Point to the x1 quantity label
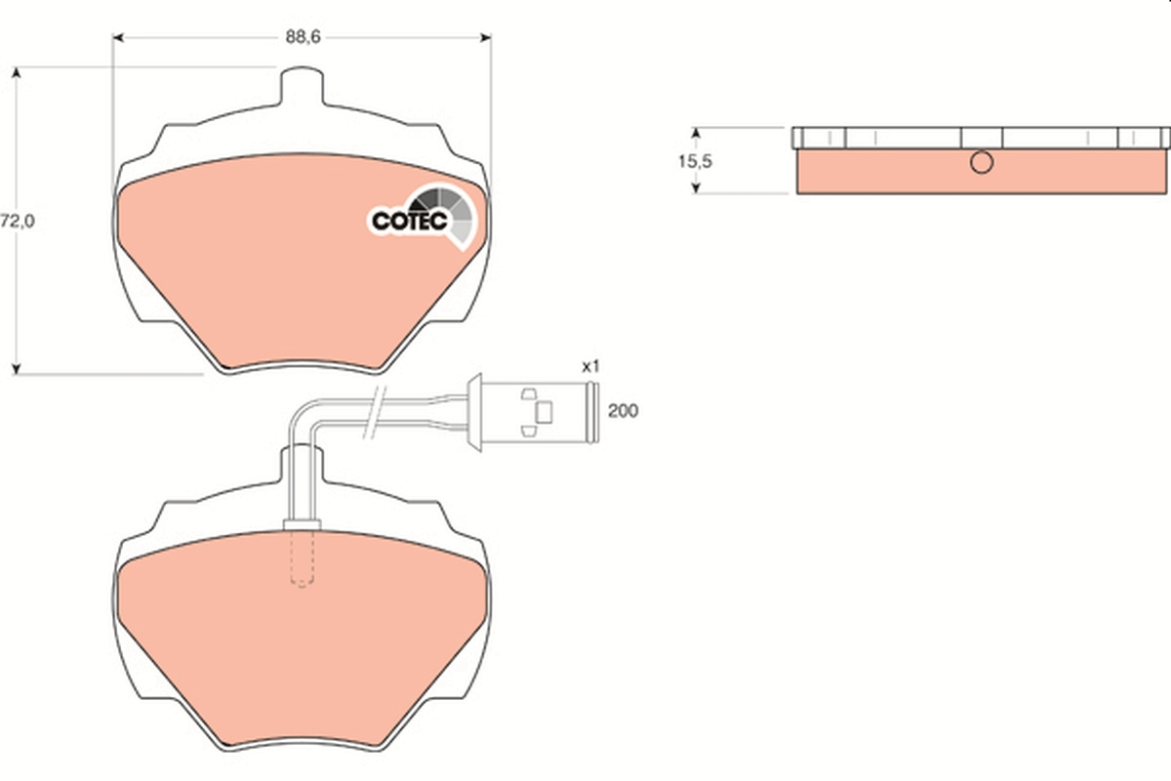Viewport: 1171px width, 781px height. pyautogui.click(x=589, y=366)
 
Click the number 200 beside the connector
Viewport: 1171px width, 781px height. pyautogui.click(x=622, y=411)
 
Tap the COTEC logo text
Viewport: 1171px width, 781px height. pyautogui.click(x=409, y=222)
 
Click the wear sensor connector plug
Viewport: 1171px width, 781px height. pyautogui.click(x=532, y=411)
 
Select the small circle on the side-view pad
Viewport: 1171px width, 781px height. pyautogui.click(x=981, y=162)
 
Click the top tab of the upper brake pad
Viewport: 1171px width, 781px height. pyautogui.click(x=302, y=86)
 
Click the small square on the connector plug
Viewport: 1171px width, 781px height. pyautogui.click(x=545, y=412)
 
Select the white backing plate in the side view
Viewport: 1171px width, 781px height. pyautogui.click(x=981, y=138)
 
